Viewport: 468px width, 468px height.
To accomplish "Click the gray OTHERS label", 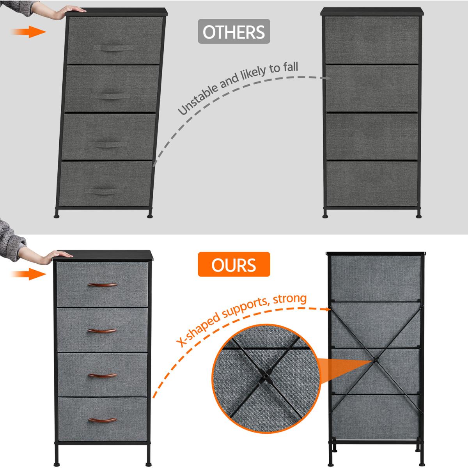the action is point(234,31).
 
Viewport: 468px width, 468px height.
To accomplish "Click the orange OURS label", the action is point(234,264).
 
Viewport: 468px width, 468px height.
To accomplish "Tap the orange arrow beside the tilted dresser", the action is point(28,32).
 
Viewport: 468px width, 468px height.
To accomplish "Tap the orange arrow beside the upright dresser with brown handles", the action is point(28,274).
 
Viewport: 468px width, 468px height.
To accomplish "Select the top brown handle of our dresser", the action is point(102,285).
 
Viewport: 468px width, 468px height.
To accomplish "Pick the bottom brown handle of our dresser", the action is point(102,420).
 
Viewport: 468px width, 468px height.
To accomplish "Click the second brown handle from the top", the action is point(102,331).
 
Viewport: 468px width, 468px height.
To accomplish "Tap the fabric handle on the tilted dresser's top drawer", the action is point(113,48).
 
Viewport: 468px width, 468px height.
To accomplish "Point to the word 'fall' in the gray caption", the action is point(291,67).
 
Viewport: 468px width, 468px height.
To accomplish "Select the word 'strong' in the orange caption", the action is point(290,299).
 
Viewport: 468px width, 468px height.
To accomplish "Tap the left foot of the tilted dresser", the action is point(56,216).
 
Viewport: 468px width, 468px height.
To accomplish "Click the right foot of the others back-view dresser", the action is point(418,216).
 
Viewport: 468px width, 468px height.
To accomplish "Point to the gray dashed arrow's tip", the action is point(330,78).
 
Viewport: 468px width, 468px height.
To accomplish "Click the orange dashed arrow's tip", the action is point(330,309).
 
